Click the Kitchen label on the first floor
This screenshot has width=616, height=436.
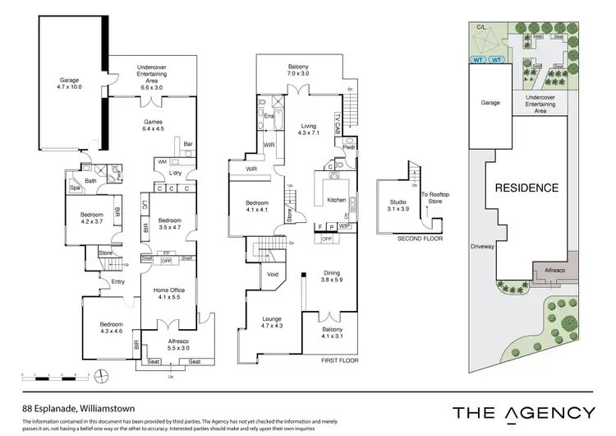click(336, 199)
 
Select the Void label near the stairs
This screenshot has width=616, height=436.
click(273, 276)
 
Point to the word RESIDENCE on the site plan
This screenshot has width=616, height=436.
click(526, 188)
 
